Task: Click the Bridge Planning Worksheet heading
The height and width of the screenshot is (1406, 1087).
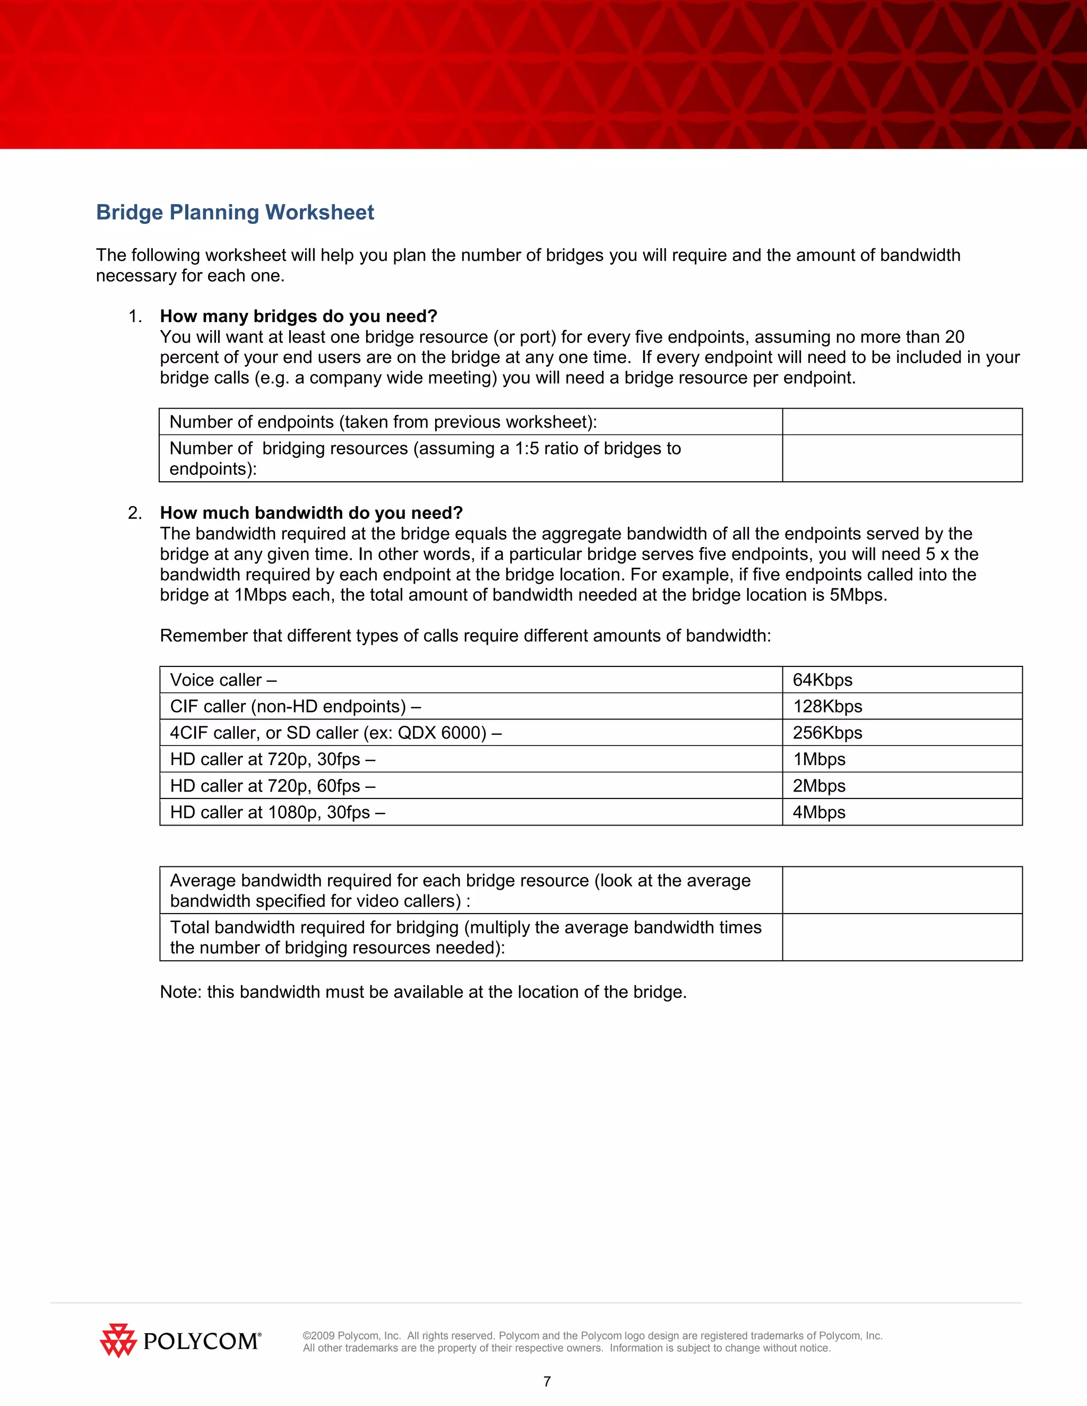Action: [235, 212]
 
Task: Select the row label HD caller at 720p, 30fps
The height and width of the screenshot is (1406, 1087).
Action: [272, 760]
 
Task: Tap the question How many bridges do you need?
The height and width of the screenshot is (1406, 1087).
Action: [299, 317]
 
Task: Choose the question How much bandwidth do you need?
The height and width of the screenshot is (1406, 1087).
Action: [312, 513]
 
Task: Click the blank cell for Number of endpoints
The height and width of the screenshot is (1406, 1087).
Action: [902, 422]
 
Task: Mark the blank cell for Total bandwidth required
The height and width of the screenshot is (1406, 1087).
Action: [902, 938]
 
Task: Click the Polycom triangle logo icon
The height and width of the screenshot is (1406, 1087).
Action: [118, 1341]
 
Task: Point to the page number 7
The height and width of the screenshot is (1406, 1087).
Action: [547, 1382]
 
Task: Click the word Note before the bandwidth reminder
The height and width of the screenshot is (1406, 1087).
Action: [181, 992]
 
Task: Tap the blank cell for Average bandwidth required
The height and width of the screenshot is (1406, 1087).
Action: [902, 890]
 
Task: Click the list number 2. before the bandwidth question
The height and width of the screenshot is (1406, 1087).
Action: [135, 513]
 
